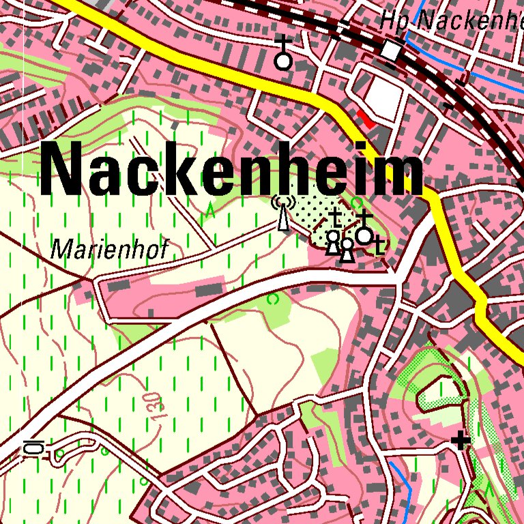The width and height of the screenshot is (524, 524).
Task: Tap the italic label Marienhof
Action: [108, 250]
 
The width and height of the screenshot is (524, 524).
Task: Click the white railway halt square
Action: [392, 49]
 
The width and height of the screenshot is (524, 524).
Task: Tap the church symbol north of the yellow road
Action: [283, 54]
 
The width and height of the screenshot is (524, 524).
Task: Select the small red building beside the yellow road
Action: [366, 120]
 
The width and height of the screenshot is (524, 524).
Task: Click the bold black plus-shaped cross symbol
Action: [462, 441]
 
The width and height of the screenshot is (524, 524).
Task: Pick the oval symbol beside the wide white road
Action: [33, 448]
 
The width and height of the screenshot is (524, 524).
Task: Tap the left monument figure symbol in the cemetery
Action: [333, 243]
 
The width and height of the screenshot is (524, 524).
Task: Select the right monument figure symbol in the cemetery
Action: [347, 250]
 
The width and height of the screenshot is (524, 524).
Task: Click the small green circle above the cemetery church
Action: [358, 202]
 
